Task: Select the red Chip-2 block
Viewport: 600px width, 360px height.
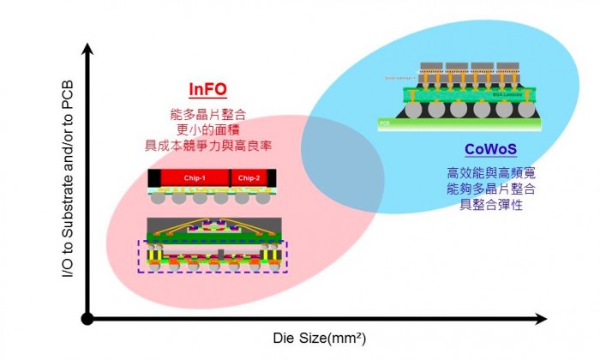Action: tap(248, 177)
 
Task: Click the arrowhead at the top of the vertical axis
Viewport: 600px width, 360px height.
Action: tap(87, 9)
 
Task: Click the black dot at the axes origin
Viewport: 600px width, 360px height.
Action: tap(87, 319)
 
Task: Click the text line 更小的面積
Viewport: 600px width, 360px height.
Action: tap(208, 129)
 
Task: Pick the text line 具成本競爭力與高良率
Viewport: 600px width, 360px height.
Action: tap(208, 145)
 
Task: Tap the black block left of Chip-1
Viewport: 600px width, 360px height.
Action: tap(153, 177)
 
